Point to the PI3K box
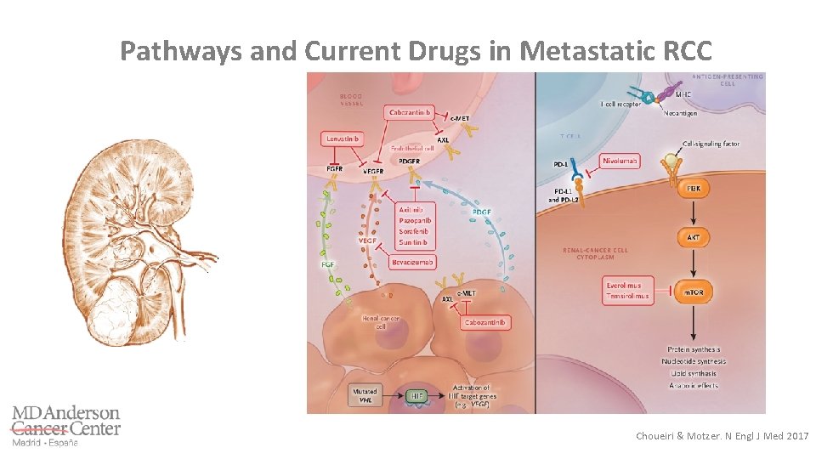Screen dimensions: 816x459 tap(694, 187)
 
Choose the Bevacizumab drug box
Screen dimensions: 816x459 tap(414, 261)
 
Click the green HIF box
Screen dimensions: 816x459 tap(416, 394)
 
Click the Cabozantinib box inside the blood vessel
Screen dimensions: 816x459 tap(411, 113)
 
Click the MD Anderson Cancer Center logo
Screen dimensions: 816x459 tap(65, 421)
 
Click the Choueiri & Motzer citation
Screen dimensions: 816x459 tap(722, 436)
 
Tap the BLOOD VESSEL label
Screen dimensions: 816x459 tap(351, 99)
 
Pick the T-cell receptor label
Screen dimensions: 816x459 tap(620, 103)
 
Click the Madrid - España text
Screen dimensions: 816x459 tap(44, 442)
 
